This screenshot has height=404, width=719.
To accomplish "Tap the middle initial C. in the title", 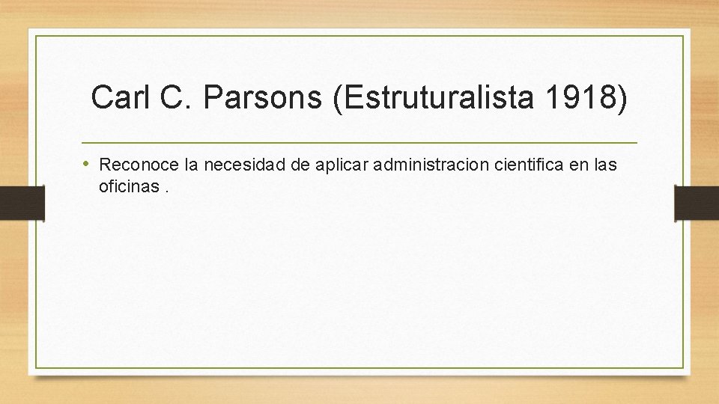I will pyautogui.click(x=174, y=98).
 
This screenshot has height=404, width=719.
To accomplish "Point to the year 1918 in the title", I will pyautogui.click(x=575, y=98).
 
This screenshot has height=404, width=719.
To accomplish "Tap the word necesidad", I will pyautogui.click(x=236, y=165).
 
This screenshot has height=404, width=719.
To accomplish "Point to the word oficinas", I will pyautogui.click(x=128, y=186).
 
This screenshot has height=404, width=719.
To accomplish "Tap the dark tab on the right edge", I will pyautogui.click(x=697, y=203).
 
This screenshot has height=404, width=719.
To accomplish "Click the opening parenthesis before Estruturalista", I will pyautogui.click(x=339, y=99).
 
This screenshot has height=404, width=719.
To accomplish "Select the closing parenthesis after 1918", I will pyautogui.click(x=621, y=99).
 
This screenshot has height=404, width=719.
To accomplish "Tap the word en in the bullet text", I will pyautogui.click(x=580, y=165).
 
